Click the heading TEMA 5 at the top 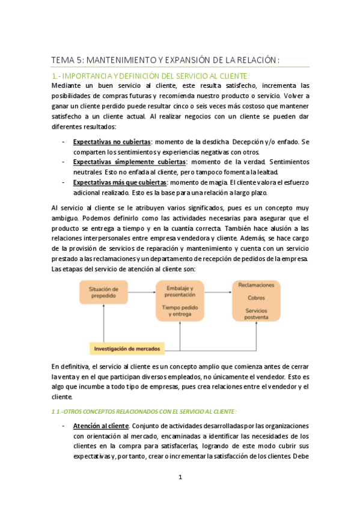[166, 60]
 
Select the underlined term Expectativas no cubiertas [111, 141]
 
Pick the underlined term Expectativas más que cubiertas [120, 182]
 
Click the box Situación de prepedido [103, 293]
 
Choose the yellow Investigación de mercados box [127, 347]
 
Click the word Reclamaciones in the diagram [257, 285]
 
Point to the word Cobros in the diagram [257, 297]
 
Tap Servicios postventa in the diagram [257, 313]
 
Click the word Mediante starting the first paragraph [66, 85]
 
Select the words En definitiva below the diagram [70, 366]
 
